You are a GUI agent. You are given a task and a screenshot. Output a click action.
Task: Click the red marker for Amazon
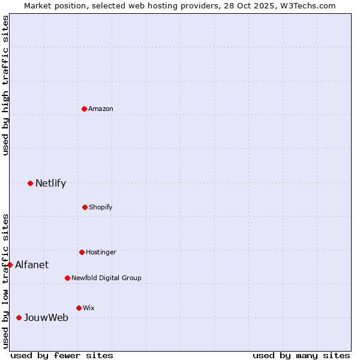pyautogui.click(x=84, y=109)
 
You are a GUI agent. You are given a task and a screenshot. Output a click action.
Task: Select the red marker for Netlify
pyautogui.click(x=30, y=183)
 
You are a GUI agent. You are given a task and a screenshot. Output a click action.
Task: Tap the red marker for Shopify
pyautogui.click(x=85, y=207)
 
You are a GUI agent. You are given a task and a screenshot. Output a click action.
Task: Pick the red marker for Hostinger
pyautogui.click(x=82, y=252)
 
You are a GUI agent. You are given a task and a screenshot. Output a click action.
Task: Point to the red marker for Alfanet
pyautogui.click(x=10, y=265)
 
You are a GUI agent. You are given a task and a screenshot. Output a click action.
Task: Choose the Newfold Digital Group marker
pyautogui.click(x=67, y=278)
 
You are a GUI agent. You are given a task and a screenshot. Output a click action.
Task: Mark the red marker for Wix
pyautogui.click(x=79, y=308)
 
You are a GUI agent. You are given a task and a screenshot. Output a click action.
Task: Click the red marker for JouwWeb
pyautogui.click(x=19, y=317)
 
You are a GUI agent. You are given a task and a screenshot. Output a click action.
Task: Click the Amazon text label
pyautogui.click(x=101, y=109)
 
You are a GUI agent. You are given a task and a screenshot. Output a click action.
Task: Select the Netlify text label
pyautogui.click(x=50, y=183)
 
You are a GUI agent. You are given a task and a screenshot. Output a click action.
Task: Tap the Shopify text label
pyautogui.click(x=101, y=207)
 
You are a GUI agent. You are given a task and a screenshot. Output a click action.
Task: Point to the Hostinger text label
pyautogui.click(x=101, y=252)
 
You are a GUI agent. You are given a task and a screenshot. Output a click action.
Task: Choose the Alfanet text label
pyautogui.click(x=32, y=265)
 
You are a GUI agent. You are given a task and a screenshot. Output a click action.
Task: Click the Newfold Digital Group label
pyautogui.click(x=106, y=278)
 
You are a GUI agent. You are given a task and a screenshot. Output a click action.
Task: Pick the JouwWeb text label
pyautogui.click(x=46, y=317)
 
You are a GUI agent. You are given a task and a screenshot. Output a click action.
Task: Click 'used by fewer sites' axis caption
pyautogui.click(x=62, y=355)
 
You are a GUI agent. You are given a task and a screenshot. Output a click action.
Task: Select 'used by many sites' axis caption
pyautogui.click(x=301, y=355)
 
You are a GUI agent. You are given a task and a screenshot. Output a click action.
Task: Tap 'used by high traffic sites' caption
pyautogui.click(x=5, y=85)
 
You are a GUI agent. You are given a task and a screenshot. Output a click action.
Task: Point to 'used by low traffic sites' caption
pyautogui.click(x=5, y=281)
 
